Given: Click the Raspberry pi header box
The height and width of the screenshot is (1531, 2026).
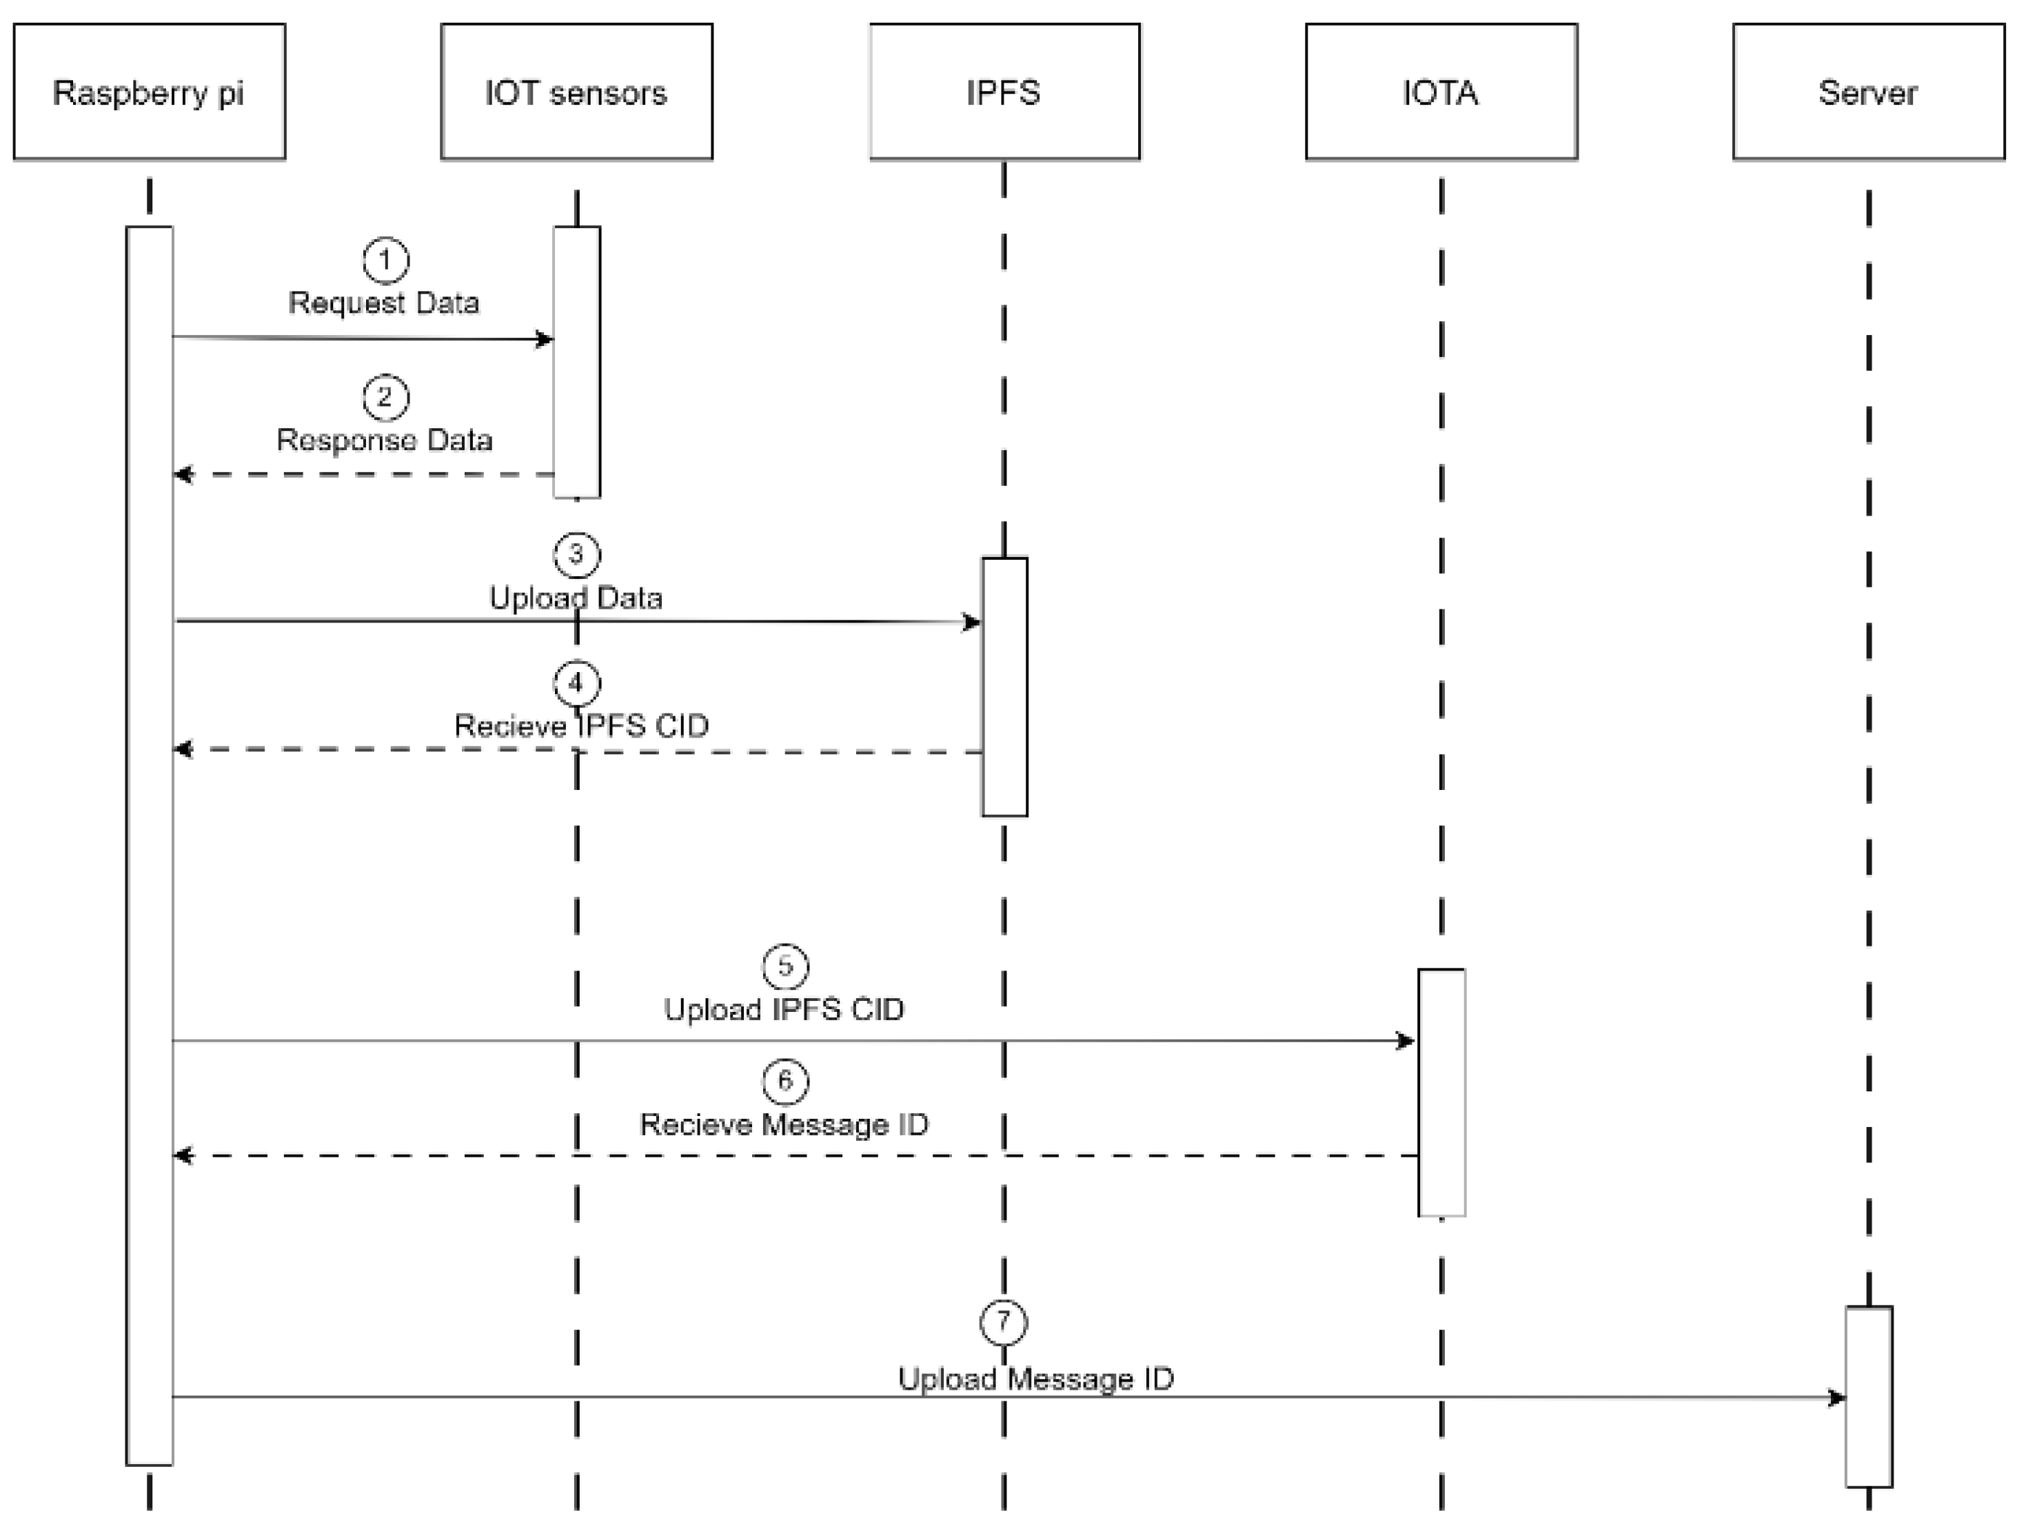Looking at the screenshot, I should [150, 92].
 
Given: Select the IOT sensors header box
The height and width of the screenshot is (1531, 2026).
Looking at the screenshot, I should [576, 92].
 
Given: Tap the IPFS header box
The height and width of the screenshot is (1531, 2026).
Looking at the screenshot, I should [1004, 92].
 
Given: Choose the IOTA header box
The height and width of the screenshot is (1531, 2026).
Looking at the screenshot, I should [1441, 92].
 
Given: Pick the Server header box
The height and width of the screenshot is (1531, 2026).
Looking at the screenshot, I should [1868, 92].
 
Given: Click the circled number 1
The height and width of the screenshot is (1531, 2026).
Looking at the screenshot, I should [385, 260].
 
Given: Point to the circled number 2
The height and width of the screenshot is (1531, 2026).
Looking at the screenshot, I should [385, 398].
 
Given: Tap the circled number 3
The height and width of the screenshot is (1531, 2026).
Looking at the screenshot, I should [576, 555].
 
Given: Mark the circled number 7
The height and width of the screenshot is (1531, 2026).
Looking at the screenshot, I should [1003, 1321].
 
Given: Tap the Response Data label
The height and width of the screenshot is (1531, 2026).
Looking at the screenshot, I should [385, 440].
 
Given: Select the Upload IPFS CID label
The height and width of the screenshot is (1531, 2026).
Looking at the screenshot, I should [784, 1009].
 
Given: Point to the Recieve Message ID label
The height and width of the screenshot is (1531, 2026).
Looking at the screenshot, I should [784, 1124].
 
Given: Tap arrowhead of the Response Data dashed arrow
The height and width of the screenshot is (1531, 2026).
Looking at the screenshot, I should [181, 474].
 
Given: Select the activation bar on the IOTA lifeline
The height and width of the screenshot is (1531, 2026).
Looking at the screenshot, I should [1441, 1093].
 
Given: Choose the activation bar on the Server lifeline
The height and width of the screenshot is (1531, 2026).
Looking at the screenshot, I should [1868, 1397].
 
